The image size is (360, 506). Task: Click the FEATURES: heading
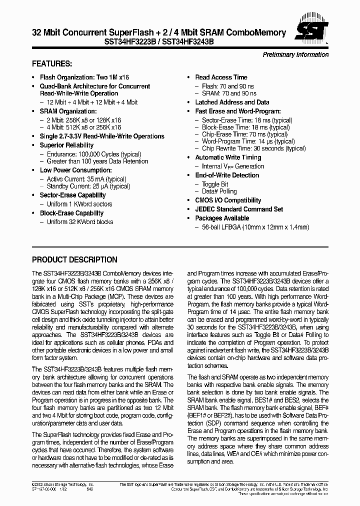(x=52, y=64)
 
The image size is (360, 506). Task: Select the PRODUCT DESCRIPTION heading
(x=74, y=260)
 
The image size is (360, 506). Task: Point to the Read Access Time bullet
(x=221, y=77)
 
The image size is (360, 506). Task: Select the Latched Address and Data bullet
(x=231, y=102)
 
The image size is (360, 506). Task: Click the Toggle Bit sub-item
(x=214, y=184)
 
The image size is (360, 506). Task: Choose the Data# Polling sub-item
(x=219, y=191)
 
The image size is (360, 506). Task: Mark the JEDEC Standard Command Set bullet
(x=238, y=209)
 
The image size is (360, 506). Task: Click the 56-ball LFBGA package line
(x=255, y=227)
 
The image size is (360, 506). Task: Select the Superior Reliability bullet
(x=66, y=145)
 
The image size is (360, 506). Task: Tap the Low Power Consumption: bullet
(x=72, y=170)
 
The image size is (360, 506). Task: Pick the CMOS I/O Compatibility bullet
(x=228, y=200)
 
